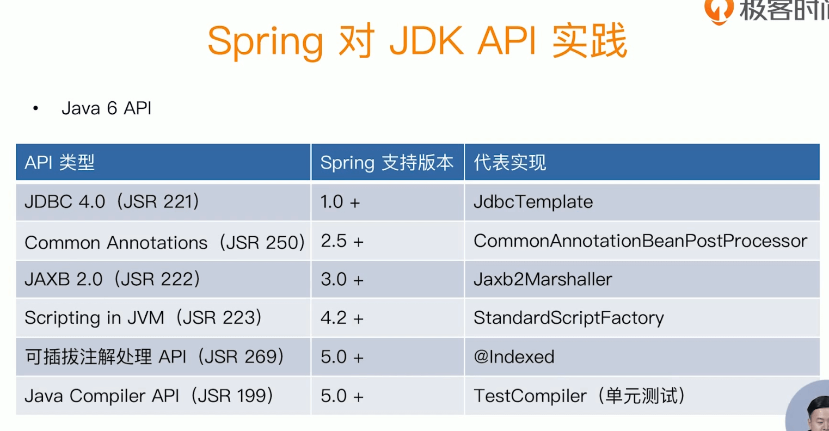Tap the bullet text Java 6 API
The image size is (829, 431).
click(107, 108)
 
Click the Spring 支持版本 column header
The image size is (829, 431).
click(387, 163)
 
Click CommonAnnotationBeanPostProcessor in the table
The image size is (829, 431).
click(640, 241)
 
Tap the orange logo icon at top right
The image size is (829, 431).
click(719, 11)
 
